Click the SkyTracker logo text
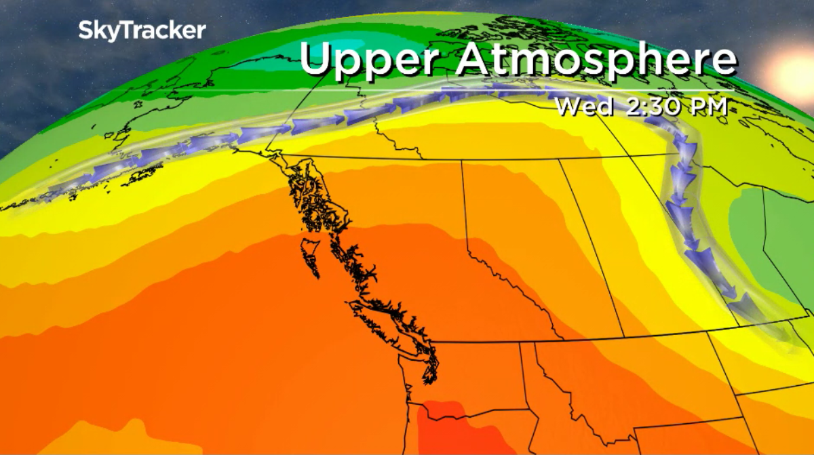pyautogui.click(x=141, y=31)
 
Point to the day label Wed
pyautogui.click(x=584, y=106)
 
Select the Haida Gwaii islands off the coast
pyautogui.click(x=309, y=254)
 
